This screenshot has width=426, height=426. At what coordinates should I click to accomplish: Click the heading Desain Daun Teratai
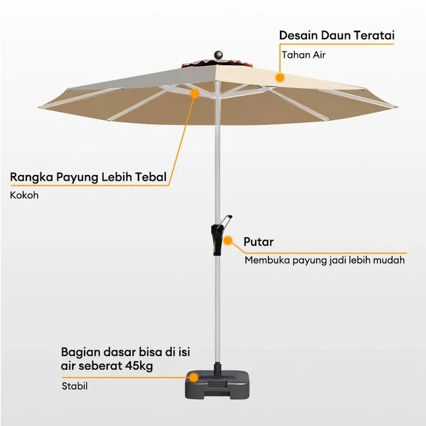tap(336, 35)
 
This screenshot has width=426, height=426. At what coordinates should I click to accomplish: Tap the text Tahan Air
tap(303, 55)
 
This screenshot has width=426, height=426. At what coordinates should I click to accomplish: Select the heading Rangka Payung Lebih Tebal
tap(89, 177)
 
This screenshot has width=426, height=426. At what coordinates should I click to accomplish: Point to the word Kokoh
tap(24, 195)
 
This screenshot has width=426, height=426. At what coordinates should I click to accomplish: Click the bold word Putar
tap(258, 242)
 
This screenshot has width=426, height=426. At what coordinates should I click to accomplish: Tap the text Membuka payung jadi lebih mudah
tap(324, 260)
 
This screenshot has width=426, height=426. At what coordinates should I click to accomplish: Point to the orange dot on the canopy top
tap(280, 77)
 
